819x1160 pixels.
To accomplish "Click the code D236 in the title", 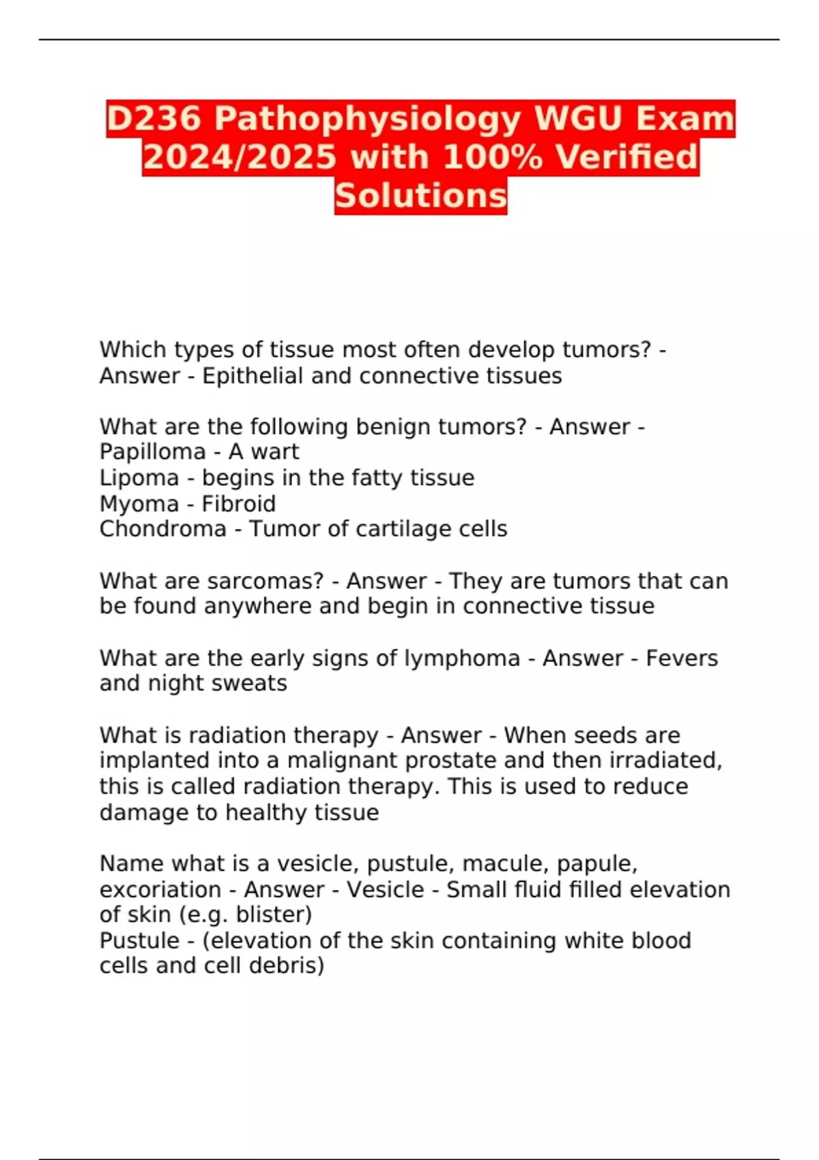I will pos(154,119).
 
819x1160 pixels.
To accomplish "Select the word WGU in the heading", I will pos(579,119).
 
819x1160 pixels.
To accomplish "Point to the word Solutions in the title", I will pos(420,196).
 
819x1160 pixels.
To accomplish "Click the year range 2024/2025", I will pos(240,157).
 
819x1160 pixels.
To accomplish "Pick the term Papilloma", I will pos(142,452).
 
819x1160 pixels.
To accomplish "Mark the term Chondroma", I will pos(162,529).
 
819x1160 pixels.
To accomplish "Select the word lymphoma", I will pos(462,658).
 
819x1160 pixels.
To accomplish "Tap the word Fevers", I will pos(682,658).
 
